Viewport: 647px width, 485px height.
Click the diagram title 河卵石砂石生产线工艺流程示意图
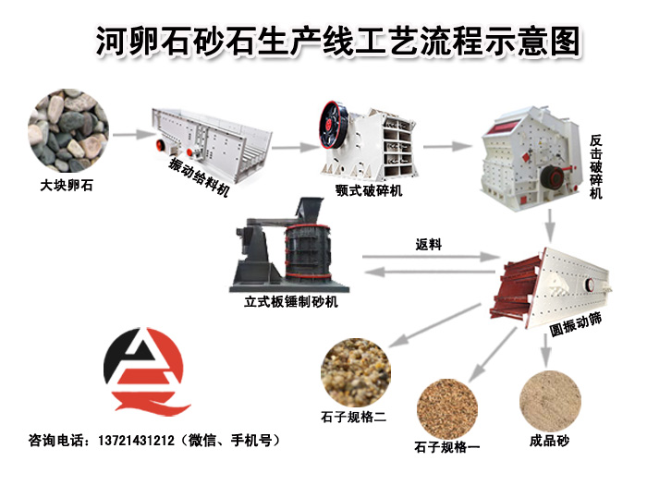[338, 42]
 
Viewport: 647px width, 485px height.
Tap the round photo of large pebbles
[68, 131]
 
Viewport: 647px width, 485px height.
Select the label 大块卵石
[67, 185]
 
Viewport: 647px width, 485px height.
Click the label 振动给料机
[199, 177]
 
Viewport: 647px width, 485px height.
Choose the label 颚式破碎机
[369, 190]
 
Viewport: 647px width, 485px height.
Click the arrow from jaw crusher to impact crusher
[447, 146]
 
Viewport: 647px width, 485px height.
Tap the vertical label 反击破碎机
[595, 167]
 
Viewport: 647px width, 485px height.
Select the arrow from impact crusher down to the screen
[550, 225]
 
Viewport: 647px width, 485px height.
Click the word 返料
[428, 245]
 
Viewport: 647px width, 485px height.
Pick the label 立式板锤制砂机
[291, 302]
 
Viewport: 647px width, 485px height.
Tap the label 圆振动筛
[576, 324]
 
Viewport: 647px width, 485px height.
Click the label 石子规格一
[447, 447]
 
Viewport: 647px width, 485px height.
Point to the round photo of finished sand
[550, 401]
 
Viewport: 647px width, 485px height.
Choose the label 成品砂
[549, 441]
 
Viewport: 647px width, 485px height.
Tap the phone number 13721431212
[136, 441]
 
